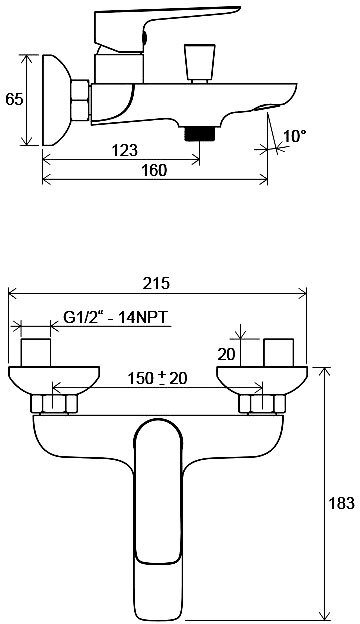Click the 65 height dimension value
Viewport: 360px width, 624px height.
coord(14,99)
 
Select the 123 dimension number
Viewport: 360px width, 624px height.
coord(125,150)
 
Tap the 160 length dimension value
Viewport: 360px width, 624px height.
coord(154,170)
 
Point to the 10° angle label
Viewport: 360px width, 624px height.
coord(295,136)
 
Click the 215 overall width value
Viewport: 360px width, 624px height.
coord(157,283)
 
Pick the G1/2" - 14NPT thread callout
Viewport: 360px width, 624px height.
coord(115,318)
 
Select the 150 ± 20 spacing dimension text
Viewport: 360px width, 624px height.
coord(157,378)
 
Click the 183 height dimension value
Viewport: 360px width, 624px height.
coord(341,503)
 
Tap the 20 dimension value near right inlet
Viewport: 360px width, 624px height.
coord(227,354)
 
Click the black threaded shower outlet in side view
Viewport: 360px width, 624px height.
coord(200,134)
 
